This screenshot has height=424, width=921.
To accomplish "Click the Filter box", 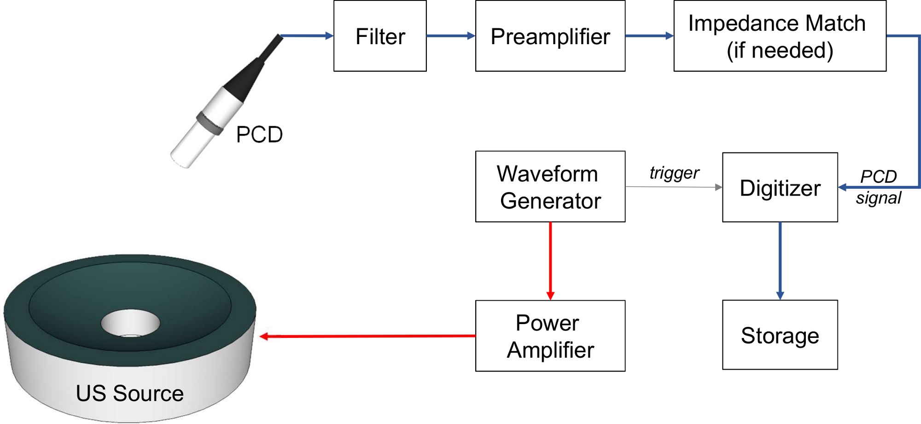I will pyautogui.click(x=380, y=36).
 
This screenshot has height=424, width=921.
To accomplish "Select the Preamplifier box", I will pyautogui.click(x=550, y=36).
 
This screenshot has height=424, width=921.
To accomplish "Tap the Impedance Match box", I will pyautogui.click(x=779, y=36).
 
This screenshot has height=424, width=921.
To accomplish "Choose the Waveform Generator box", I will pyautogui.click(x=550, y=186).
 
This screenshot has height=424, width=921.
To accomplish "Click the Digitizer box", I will pyautogui.click(x=780, y=187).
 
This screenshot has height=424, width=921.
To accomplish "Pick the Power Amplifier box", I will pyautogui.click(x=550, y=336).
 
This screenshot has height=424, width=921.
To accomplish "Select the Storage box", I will pyautogui.click(x=780, y=335).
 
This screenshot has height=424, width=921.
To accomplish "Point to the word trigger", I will pyautogui.click(x=674, y=173).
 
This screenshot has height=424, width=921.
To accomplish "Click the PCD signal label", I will pyautogui.click(x=878, y=187).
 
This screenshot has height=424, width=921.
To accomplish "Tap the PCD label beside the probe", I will pyautogui.click(x=259, y=134).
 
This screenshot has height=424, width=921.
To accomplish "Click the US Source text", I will pyautogui.click(x=130, y=393).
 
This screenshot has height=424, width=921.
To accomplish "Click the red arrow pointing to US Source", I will pyautogui.click(x=368, y=337).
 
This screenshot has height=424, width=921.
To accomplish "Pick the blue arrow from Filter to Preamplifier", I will pyautogui.click(x=450, y=35).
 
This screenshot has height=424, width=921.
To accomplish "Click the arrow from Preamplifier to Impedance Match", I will pyautogui.click(x=649, y=35).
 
